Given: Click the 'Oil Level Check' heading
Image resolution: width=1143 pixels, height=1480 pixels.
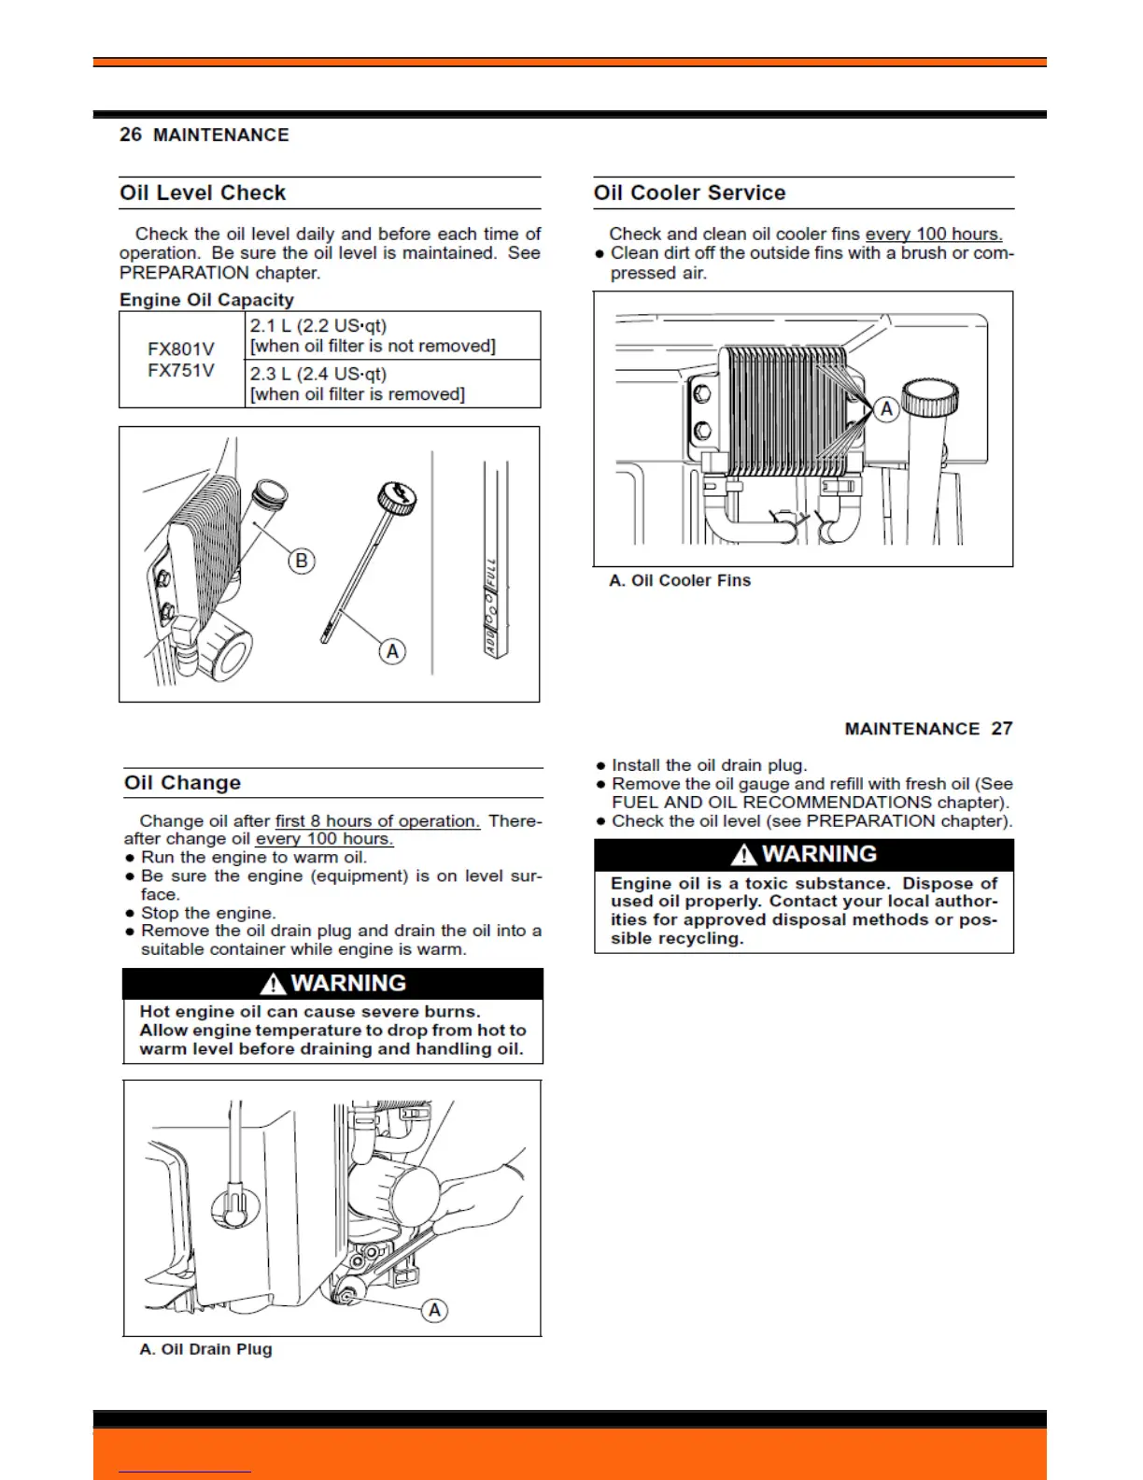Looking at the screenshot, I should point(203,193).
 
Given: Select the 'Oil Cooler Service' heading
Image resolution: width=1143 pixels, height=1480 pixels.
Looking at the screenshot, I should point(689,193).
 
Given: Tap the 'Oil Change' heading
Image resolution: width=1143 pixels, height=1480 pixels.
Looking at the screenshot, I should point(182,783).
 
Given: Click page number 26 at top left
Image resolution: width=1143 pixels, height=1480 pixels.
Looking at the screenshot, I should point(131,135).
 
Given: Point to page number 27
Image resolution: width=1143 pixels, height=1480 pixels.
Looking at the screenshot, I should point(1002,729).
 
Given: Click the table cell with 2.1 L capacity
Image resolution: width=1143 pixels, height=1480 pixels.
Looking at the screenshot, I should point(392,335).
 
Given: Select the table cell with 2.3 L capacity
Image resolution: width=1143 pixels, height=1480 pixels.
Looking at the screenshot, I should point(392,384).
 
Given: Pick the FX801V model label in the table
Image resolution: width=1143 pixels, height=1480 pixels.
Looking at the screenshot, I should point(181,349).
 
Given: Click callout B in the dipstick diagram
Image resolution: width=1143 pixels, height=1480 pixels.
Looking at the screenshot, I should point(301,561).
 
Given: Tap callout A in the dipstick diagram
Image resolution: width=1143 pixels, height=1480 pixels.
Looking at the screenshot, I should point(392,651).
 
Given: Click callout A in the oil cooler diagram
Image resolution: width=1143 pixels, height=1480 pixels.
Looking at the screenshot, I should point(886,409).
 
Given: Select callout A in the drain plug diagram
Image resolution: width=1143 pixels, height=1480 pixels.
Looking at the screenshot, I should point(434,1310).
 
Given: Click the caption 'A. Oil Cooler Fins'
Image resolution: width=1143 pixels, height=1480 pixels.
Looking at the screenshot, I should point(680,580).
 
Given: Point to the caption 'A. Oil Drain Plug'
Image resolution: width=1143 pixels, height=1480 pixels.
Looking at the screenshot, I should point(206,1349).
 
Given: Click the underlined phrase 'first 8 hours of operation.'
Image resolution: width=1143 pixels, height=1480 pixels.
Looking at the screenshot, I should point(377,821).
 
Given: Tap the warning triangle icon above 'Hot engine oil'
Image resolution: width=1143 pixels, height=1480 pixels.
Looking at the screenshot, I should point(273,984).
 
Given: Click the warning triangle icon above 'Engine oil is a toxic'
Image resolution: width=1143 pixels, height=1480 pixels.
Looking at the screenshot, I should point(743,855).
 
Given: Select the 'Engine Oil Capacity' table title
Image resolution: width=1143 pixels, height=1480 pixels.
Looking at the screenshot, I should point(206,300).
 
